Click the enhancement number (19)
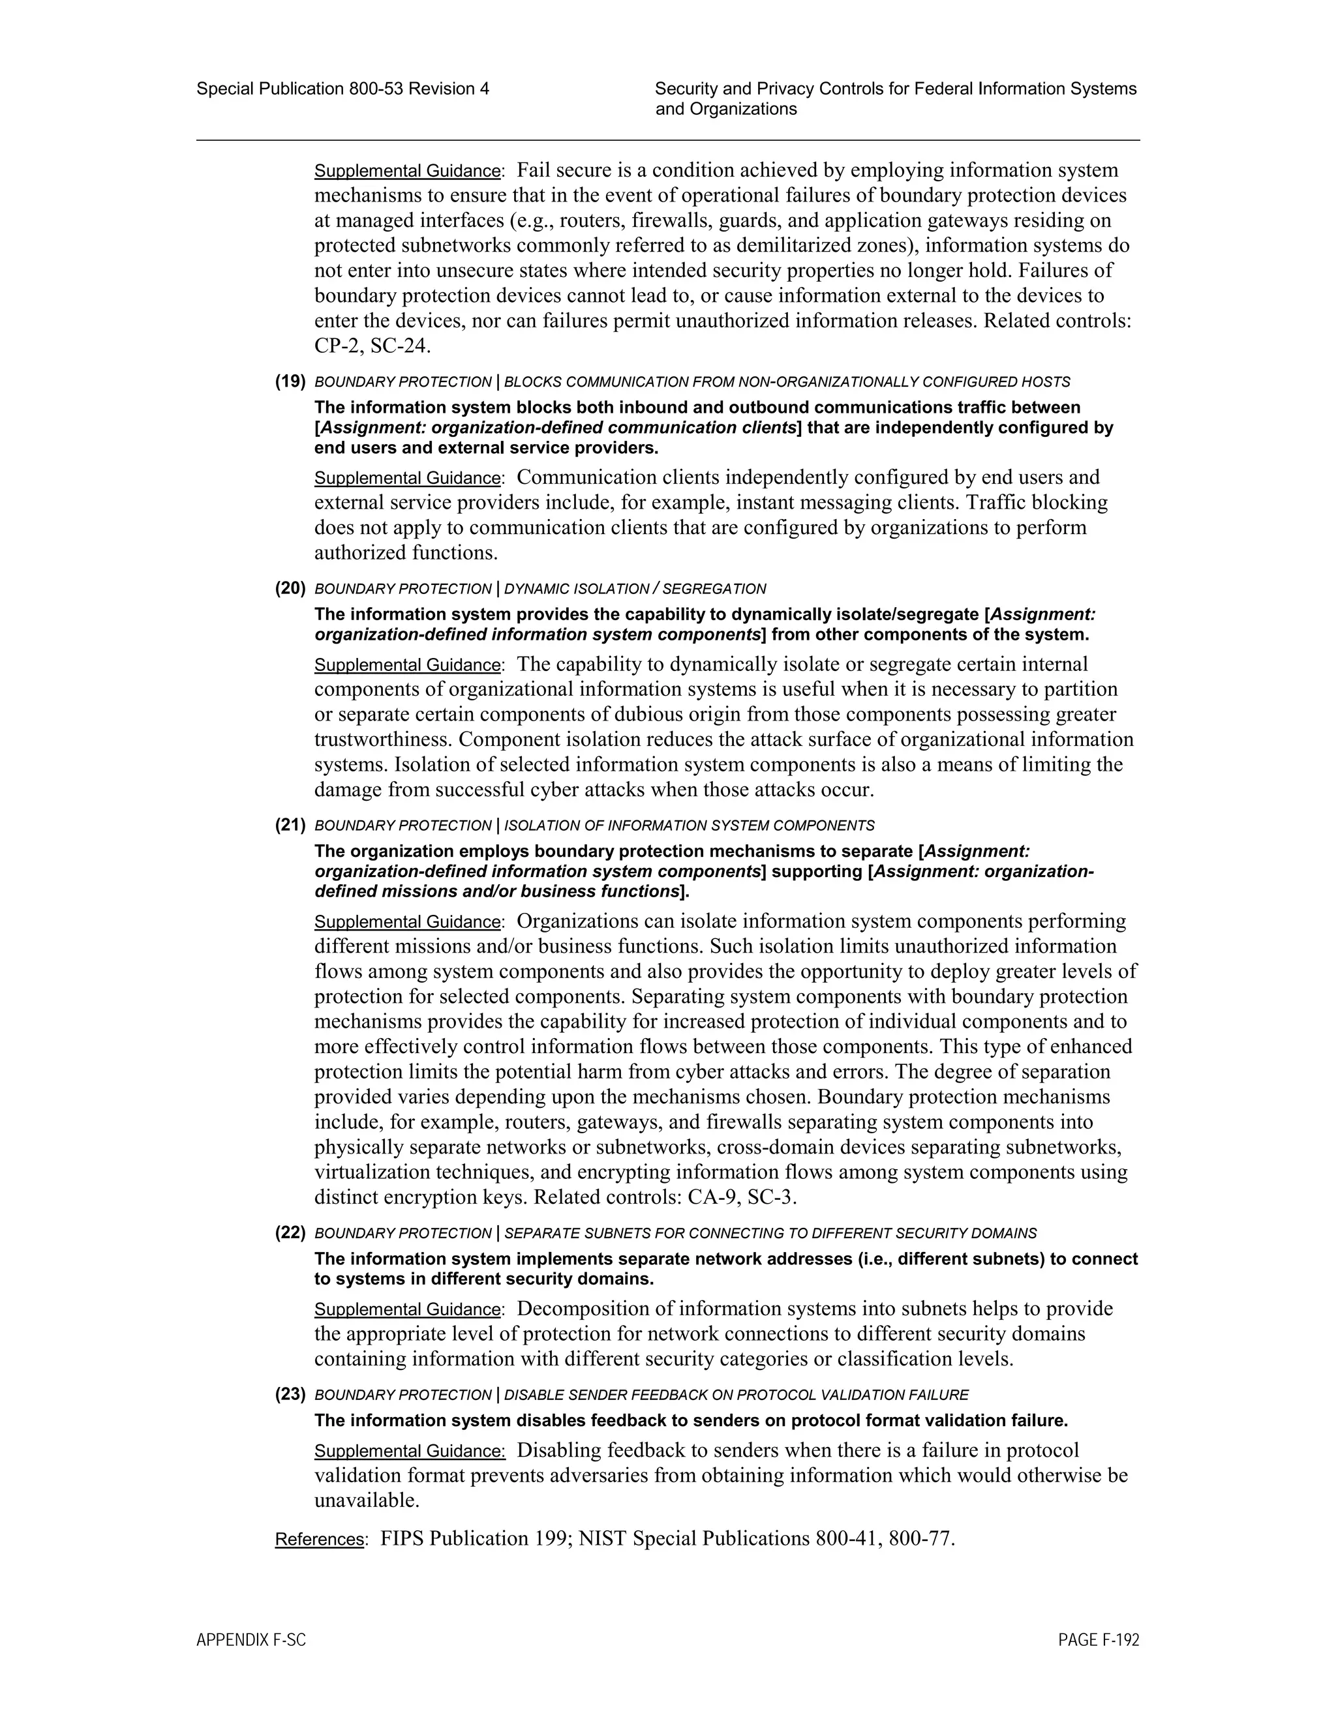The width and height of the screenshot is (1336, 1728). [x=290, y=381]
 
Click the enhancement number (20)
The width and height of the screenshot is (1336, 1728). [x=290, y=588]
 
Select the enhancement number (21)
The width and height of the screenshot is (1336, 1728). [x=290, y=826]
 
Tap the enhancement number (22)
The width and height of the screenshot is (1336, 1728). [x=290, y=1232]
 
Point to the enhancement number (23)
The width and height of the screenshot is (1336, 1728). [x=290, y=1394]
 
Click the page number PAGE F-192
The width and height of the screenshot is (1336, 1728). [x=1099, y=1640]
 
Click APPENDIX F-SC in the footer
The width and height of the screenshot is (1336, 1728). [x=251, y=1640]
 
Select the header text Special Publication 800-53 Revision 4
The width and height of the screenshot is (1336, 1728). [x=342, y=89]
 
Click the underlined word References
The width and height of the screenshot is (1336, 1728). [x=320, y=1540]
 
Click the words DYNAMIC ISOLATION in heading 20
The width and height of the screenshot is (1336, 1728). [x=576, y=589]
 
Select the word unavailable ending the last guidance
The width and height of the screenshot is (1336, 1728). [x=366, y=1501]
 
